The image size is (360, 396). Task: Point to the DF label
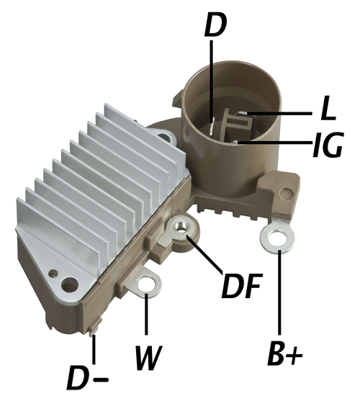[240, 285]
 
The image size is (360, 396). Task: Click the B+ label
[284, 354]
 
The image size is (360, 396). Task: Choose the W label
[148, 358]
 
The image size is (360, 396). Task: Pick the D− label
[87, 377]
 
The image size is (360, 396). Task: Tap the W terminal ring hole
[146, 285]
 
